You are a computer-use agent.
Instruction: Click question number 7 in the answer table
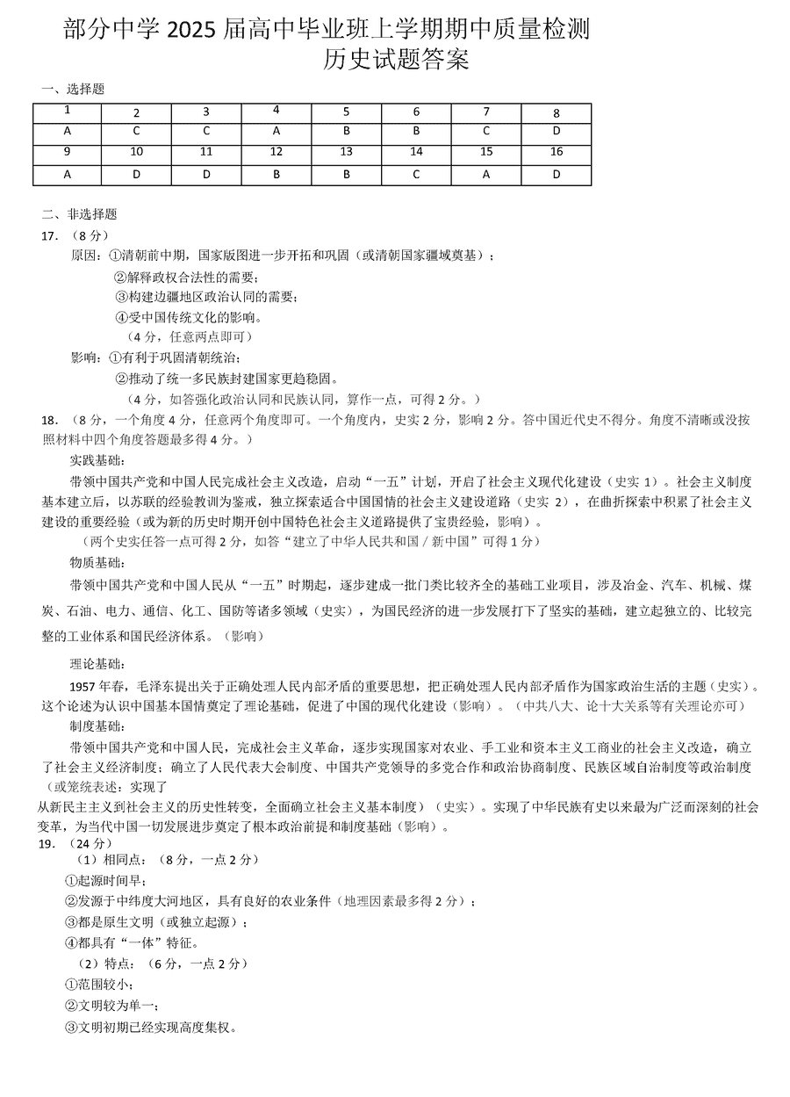486,112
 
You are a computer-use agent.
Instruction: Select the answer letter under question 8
557,132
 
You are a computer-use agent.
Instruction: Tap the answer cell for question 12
276,175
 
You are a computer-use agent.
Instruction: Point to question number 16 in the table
557,152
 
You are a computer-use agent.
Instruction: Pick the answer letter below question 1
68,131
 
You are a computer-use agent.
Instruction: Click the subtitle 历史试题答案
396,60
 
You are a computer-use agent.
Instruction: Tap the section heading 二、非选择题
79,214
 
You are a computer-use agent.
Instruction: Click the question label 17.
50,235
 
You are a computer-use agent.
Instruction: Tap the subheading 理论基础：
97,663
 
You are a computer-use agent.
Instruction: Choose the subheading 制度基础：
97,725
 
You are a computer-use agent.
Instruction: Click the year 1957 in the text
83,685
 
